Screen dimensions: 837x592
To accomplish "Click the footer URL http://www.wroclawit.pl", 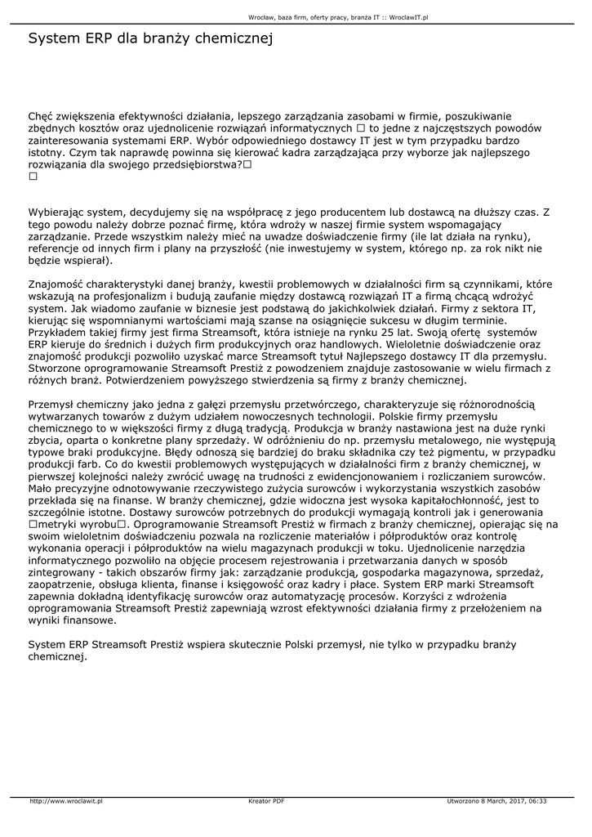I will [66, 801].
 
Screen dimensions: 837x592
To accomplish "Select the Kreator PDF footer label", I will [266, 801].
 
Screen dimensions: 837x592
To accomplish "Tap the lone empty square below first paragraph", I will [33, 176].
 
